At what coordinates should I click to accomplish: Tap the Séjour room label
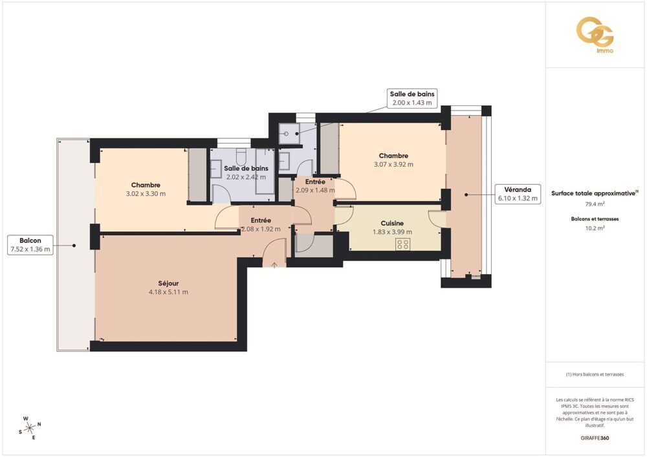click(168, 283)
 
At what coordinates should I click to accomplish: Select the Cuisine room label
click(392, 224)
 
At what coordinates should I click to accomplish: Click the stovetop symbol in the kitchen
click(402, 244)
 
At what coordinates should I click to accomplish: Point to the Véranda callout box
click(517, 194)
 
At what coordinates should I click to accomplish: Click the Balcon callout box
click(30, 245)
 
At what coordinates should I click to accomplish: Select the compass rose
click(29, 427)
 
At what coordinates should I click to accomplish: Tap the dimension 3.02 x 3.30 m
click(146, 193)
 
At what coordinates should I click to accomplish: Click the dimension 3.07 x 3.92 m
click(393, 164)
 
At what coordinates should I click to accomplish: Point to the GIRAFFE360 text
click(595, 438)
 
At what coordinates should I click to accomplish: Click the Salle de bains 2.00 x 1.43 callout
click(411, 98)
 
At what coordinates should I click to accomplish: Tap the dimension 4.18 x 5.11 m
click(168, 292)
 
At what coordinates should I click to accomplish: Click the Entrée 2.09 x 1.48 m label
click(315, 186)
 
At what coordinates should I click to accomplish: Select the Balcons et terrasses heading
click(595, 219)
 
